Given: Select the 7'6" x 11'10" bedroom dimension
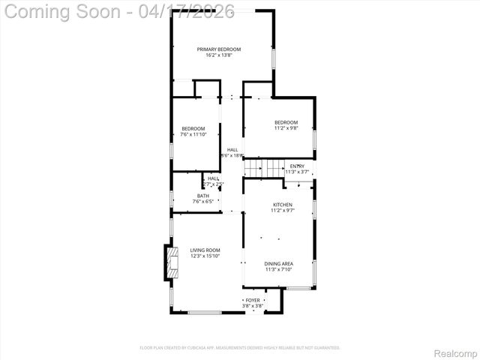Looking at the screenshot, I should [x=193, y=134].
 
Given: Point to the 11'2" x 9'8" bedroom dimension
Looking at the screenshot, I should [x=286, y=128].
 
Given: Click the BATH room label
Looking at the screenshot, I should [x=182, y=196].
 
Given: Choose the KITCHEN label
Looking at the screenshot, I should [x=282, y=205].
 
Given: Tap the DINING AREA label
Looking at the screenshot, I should [x=278, y=263].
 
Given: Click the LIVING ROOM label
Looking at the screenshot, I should [x=205, y=250].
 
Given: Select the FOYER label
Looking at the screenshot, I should [x=253, y=300].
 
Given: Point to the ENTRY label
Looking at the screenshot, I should [x=297, y=166].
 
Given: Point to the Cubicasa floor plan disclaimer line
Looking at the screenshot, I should [x=240, y=348].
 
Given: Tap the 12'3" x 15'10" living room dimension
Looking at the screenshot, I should [x=205, y=256].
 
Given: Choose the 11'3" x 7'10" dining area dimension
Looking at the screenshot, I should [x=278, y=269].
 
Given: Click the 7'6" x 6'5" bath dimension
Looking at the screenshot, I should [x=182, y=202].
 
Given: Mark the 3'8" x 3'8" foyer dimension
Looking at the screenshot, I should [x=253, y=306].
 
